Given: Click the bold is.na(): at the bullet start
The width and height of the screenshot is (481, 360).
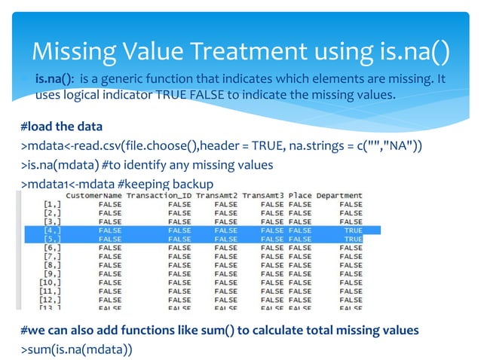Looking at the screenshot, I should pos(54,80).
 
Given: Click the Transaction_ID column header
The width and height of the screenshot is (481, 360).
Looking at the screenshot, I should pos(159,196).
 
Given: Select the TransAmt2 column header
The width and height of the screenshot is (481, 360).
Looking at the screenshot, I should pos(216,196).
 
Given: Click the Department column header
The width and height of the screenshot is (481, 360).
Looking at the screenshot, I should pos(339,196).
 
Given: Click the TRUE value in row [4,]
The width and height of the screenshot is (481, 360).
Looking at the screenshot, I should pos(353,230).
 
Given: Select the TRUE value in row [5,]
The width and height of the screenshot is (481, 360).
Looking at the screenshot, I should pos(353,239).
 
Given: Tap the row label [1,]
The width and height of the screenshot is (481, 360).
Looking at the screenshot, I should pos(52,204).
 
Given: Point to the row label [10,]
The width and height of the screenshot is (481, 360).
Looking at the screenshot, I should pos(50,282).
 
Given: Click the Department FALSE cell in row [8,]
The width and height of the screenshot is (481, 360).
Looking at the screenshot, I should pos(351,265).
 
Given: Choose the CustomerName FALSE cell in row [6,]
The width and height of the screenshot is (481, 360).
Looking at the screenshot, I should pos(110,248).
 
